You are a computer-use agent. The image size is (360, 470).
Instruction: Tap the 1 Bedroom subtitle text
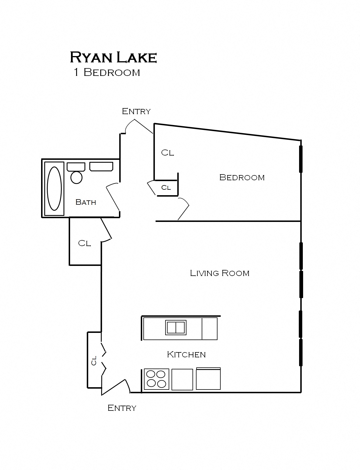pos(107,72)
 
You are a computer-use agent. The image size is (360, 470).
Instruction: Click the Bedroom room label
pos(242,177)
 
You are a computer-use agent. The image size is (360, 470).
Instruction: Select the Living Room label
pos(220,273)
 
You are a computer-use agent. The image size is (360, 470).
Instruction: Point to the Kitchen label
pos(186,354)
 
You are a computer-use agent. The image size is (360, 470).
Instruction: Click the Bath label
pos(86,202)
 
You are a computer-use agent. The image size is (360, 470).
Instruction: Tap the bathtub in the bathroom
pos(54,189)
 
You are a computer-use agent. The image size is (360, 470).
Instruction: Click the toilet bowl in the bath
pos(76,177)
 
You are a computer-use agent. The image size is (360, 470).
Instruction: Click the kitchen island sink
pos(176,327)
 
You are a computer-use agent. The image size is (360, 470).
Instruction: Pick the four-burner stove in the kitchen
pos(156,379)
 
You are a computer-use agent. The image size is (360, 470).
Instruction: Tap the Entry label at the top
pos(136,111)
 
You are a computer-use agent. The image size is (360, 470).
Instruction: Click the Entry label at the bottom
pos(122,408)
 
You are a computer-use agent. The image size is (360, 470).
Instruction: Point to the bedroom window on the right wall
pos(301,159)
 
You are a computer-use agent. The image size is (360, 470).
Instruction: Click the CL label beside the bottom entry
pos(94,360)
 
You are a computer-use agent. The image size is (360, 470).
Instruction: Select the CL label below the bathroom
pos(84,243)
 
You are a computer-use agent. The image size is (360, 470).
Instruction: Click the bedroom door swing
pos(183,209)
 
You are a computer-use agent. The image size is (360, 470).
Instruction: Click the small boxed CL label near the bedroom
pos(166,188)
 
